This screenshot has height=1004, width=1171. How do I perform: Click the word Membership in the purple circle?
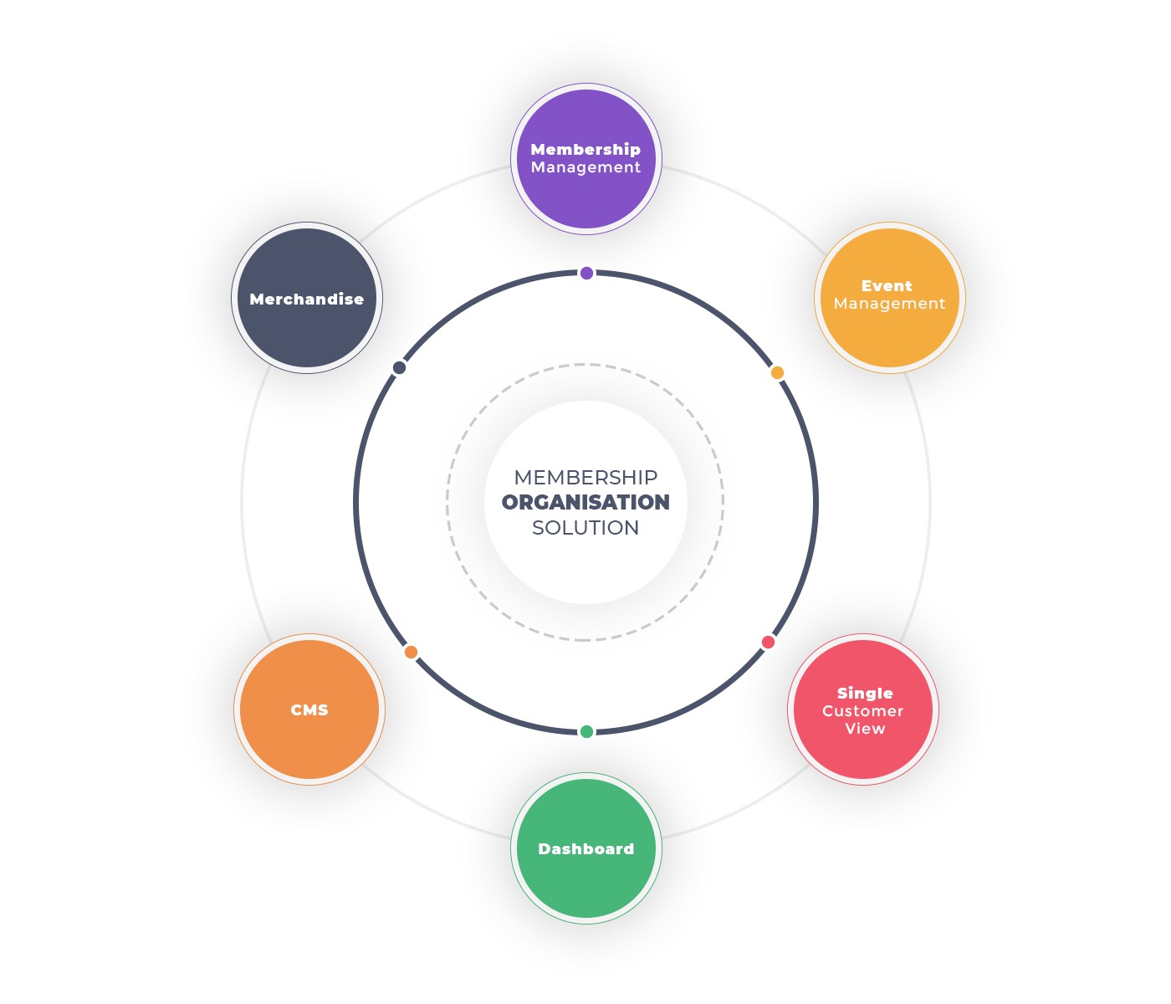585,149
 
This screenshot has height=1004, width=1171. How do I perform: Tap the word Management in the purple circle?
585,167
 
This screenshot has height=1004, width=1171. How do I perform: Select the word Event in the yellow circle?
887,285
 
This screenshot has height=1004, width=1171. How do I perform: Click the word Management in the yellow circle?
889,304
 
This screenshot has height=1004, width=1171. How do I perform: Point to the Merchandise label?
306,300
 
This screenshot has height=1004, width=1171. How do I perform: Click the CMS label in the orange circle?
309,710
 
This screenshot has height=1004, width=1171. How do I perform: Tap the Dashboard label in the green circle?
585,848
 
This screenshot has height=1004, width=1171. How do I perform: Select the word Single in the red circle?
865,693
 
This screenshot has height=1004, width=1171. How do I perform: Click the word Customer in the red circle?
863,711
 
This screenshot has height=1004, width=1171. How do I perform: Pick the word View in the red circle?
865,729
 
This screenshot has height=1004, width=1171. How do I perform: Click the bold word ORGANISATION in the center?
585,502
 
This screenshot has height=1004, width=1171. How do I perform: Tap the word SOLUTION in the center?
585,528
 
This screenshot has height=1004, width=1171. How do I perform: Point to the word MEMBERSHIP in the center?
585,478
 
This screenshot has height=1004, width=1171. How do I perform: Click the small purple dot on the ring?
586,273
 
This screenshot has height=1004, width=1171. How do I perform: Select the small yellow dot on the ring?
777,373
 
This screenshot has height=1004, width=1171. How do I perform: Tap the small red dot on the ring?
768,642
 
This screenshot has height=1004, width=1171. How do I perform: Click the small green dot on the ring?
586,731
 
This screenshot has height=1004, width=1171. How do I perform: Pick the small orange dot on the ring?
411,652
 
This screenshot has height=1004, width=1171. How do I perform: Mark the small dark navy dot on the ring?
399,368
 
